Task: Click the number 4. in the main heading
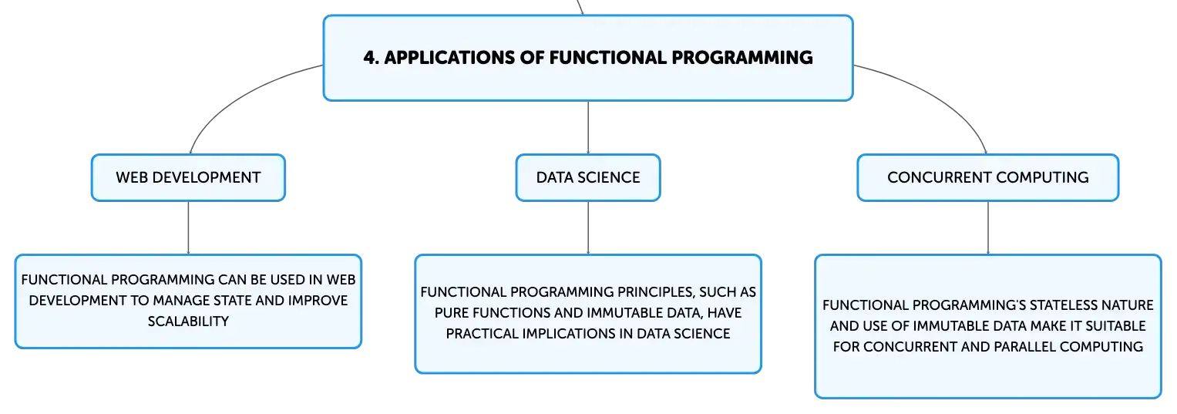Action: coord(371,57)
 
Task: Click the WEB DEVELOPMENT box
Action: coord(188,177)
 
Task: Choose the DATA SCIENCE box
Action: coord(588,177)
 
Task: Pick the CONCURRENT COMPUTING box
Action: coord(988,177)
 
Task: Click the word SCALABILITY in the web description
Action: coord(188,321)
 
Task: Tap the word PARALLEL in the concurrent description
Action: coord(1090,347)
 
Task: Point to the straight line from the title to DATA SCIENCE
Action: coord(588,127)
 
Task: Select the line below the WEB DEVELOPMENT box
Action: coord(188,227)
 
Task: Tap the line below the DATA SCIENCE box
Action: coord(588,227)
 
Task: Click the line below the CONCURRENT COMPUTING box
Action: coord(988,227)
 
